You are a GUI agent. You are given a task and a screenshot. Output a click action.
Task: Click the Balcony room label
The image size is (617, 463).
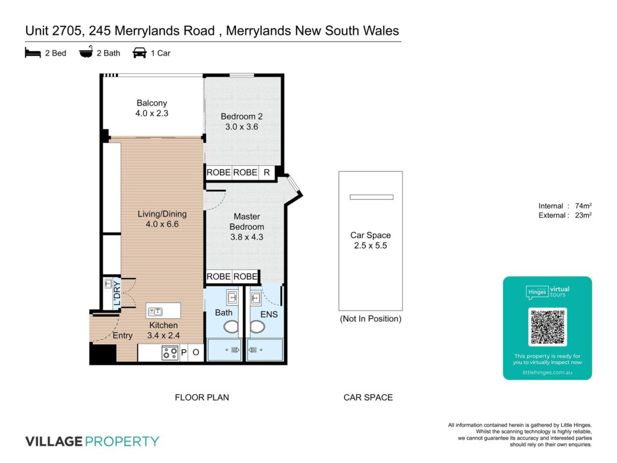click(x=152, y=102)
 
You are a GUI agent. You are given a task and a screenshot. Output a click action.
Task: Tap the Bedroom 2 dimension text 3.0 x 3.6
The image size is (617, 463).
click(x=242, y=127)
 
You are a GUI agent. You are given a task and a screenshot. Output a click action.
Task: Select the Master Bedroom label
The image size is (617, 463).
click(x=246, y=222)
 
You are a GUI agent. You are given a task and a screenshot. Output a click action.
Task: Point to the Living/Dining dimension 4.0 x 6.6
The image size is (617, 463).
click(x=162, y=224)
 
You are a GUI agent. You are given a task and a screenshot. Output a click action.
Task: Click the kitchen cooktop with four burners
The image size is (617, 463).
click(x=170, y=353)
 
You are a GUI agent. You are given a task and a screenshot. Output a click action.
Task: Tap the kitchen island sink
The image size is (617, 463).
click(x=155, y=312)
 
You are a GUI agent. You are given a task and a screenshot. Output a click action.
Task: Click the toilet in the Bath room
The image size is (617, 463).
click(x=231, y=327)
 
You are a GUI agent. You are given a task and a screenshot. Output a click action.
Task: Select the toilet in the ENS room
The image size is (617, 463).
click(x=257, y=327)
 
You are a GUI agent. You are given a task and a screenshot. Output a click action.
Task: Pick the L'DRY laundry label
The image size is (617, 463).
click(x=117, y=294)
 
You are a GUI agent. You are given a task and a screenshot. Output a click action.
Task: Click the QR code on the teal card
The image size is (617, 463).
click(x=547, y=327)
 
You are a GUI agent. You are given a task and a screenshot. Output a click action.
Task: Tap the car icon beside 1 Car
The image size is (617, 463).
click(x=139, y=53)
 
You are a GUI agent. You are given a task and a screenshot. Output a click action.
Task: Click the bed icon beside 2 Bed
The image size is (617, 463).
click(x=33, y=53)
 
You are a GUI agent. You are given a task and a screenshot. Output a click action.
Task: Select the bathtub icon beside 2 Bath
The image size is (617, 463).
click(x=86, y=52)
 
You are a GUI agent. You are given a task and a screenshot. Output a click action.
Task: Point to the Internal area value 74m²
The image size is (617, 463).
click(x=583, y=206)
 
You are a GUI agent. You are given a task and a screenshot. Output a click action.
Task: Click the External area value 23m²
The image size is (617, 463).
click(x=583, y=215)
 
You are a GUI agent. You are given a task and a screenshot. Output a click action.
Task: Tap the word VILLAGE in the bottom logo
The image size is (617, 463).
click(x=54, y=441)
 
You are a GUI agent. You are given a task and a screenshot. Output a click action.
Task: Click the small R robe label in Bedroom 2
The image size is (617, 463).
click(x=267, y=172)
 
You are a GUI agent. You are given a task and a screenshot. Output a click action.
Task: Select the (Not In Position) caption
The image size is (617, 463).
click(x=371, y=319)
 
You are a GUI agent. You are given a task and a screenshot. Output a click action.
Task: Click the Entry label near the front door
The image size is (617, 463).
click(x=122, y=335)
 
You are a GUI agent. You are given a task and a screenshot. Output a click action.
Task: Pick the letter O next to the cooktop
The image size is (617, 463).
click(x=196, y=352)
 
